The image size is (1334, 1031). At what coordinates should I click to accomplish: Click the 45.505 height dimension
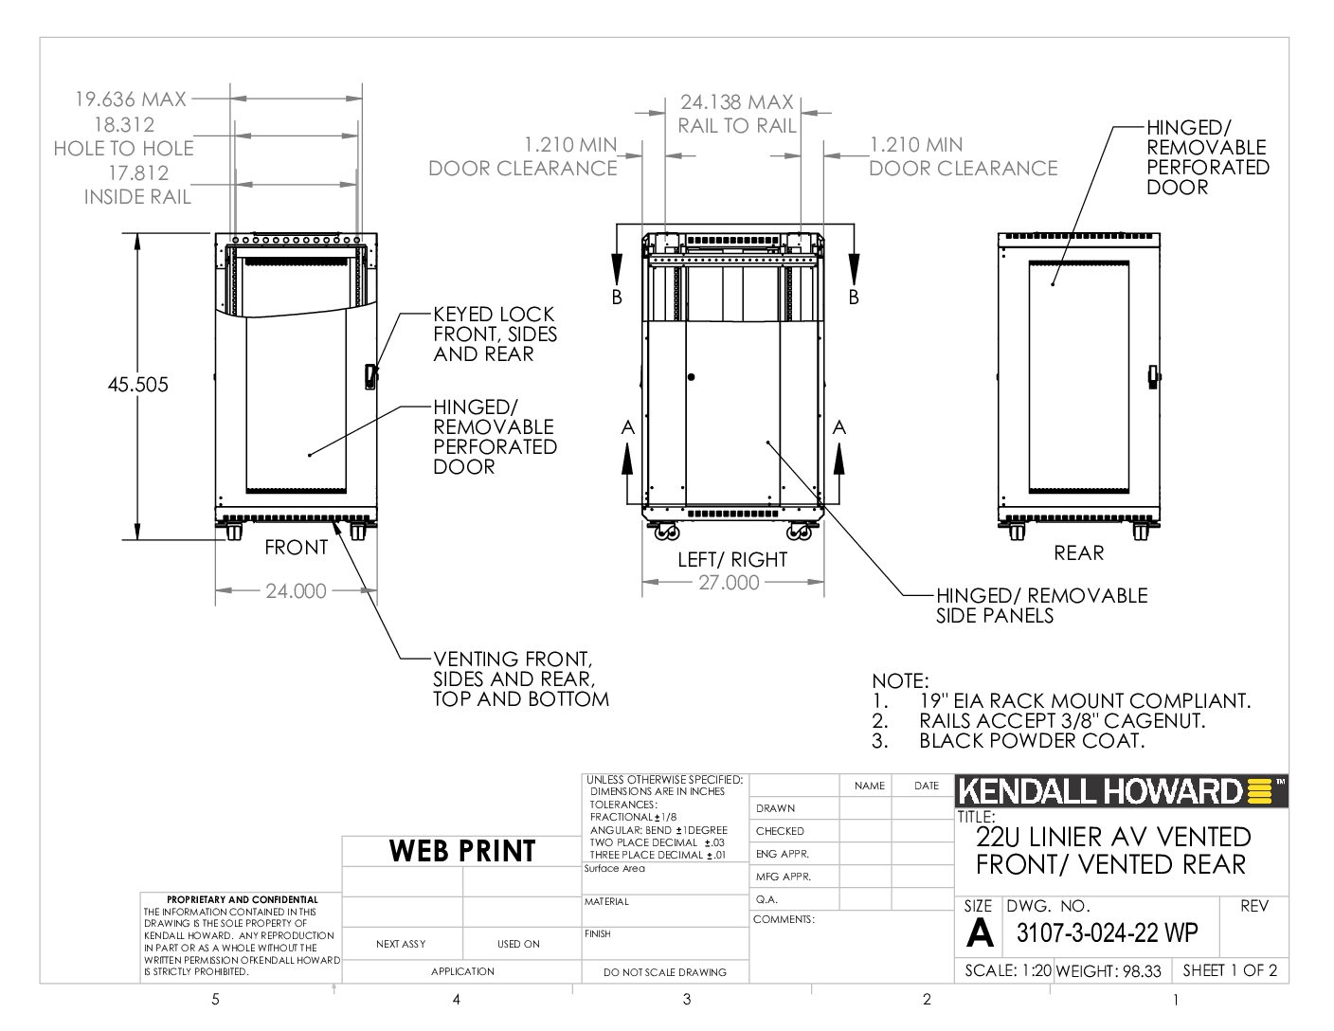click(137, 385)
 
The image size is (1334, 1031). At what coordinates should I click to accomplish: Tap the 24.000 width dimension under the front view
click(296, 590)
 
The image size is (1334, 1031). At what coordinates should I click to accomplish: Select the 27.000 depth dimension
click(729, 582)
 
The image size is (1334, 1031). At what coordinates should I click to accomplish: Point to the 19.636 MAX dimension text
click(130, 99)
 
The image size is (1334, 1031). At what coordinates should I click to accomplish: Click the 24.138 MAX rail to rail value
click(737, 102)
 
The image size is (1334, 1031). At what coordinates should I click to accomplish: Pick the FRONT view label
click(296, 547)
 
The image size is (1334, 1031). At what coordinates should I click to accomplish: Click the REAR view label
click(1078, 552)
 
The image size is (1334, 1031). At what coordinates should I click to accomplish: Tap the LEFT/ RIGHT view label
click(732, 559)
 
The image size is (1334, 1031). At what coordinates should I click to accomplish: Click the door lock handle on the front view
click(370, 376)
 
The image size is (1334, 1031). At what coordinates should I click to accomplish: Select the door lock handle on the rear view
click(1153, 376)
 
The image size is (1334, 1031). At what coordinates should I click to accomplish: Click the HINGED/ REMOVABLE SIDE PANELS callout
click(1041, 606)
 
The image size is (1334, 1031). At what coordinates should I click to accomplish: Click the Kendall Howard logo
click(1121, 791)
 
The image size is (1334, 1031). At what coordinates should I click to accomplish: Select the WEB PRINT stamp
click(462, 851)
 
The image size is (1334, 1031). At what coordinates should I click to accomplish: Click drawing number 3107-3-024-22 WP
click(1107, 932)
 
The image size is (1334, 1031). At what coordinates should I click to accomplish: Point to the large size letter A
click(979, 932)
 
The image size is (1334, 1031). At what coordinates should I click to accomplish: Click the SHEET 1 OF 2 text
click(1230, 970)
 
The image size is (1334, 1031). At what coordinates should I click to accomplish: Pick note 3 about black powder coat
click(1008, 740)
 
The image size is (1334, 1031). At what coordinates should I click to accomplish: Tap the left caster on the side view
click(667, 531)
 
